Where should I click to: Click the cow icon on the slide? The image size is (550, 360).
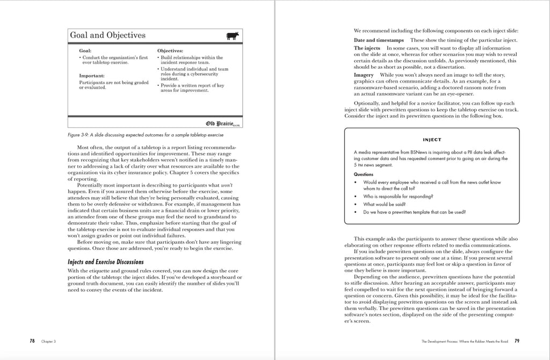coord(233,36)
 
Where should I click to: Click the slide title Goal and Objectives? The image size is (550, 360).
coord(107,35)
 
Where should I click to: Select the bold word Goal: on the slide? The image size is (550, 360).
coord(85,51)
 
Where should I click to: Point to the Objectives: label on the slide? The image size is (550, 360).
coord(170,51)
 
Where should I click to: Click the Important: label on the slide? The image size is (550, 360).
coord(92,76)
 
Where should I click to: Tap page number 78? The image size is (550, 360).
coord(32,341)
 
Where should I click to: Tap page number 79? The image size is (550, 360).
coord(517,341)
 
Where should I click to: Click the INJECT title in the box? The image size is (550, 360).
coord(432,140)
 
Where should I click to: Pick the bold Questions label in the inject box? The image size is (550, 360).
coord(364,174)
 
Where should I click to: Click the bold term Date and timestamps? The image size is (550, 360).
coord(379,40)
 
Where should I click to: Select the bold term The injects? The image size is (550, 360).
coord(367,48)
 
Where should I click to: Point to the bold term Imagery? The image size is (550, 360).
coord(364,75)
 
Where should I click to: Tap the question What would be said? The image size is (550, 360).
coord(384,204)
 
